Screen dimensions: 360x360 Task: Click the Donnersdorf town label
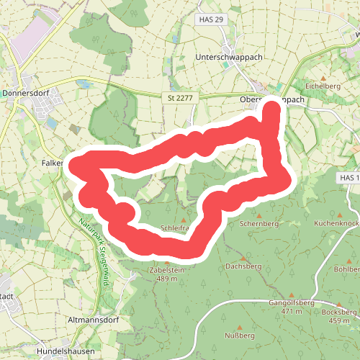24,93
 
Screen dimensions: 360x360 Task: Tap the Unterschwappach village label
227,55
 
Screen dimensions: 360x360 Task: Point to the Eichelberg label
322,86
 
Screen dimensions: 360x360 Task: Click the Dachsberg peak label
243,266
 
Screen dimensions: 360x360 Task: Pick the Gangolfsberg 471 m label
292,307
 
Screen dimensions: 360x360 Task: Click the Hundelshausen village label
66,353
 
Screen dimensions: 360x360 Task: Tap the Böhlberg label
348,269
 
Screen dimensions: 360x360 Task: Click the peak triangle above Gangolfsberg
292,294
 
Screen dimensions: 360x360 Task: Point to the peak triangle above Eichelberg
323,77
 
